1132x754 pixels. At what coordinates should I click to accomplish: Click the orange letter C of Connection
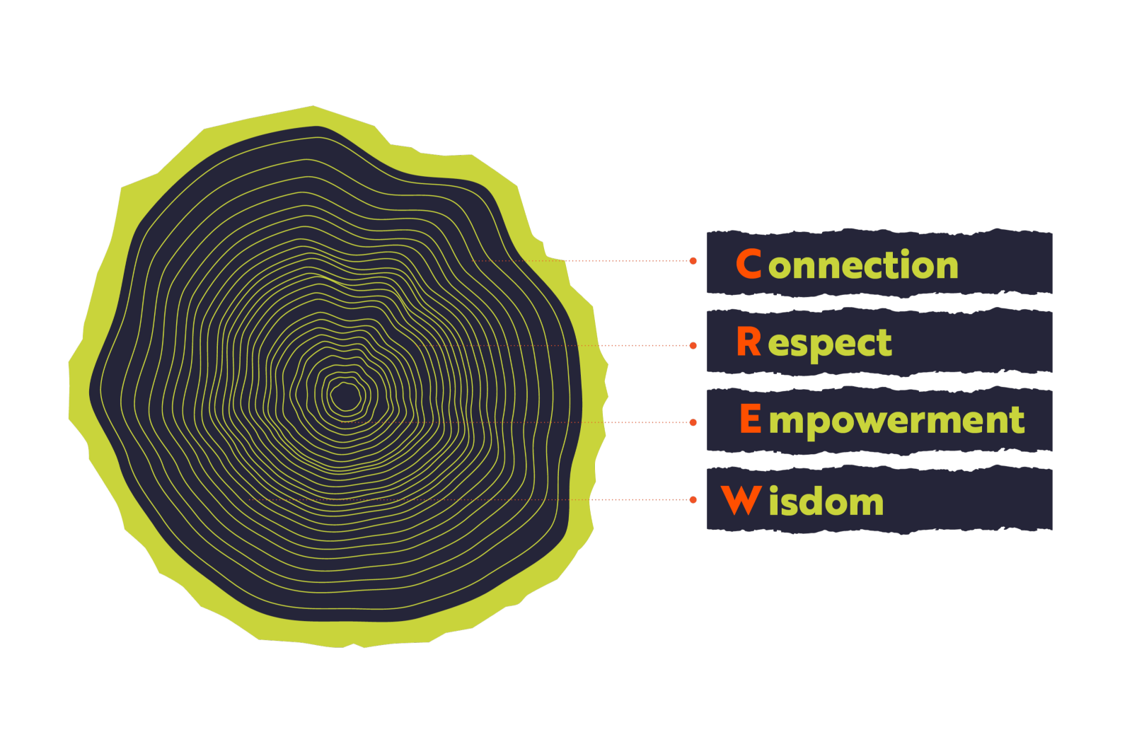coord(749,264)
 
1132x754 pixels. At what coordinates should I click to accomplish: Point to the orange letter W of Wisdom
coord(741,500)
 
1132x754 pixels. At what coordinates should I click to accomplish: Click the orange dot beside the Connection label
coord(693,261)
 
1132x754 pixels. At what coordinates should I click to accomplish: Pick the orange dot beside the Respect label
coord(693,346)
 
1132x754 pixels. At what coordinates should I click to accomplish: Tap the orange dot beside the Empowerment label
coord(693,422)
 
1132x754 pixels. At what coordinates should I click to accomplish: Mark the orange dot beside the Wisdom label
coord(693,499)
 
